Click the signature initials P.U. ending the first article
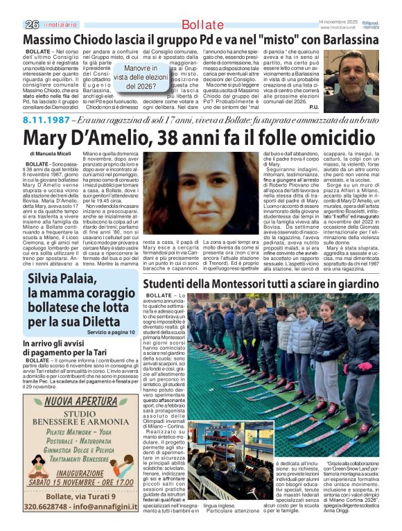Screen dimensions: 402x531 313,107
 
